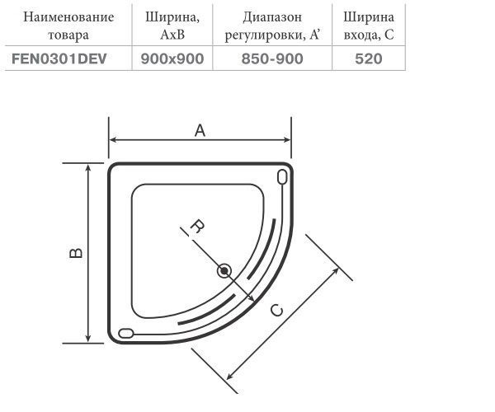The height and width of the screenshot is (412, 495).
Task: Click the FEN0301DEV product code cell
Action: point(59,59)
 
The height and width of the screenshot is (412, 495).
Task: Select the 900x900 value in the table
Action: point(172,59)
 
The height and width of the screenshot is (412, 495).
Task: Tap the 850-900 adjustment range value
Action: point(272,59)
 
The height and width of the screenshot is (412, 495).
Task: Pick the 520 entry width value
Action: point(369,59)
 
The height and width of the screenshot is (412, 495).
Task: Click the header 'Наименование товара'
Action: point(68,26)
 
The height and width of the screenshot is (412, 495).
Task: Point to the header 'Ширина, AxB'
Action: point(172,26)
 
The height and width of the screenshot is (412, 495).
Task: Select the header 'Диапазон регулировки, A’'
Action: point(272,26)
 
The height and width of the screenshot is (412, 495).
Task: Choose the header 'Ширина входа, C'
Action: point(369,26)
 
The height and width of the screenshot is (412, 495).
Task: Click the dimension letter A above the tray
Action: point(200,130)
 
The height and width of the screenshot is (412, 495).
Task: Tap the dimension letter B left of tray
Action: point(76,253)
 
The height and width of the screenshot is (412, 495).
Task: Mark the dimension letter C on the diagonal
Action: point(277,311)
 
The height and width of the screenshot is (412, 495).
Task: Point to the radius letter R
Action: point(197,227)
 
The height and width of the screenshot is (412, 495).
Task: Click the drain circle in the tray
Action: point(224,271)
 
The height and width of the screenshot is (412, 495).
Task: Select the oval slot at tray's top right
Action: point(282,176)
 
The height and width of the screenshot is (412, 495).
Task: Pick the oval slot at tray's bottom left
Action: point(126,333)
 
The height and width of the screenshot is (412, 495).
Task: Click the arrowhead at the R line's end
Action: point(251,298)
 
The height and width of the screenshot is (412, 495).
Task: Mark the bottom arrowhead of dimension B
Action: point(88,338)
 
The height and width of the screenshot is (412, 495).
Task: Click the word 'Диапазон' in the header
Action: point(272,17)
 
